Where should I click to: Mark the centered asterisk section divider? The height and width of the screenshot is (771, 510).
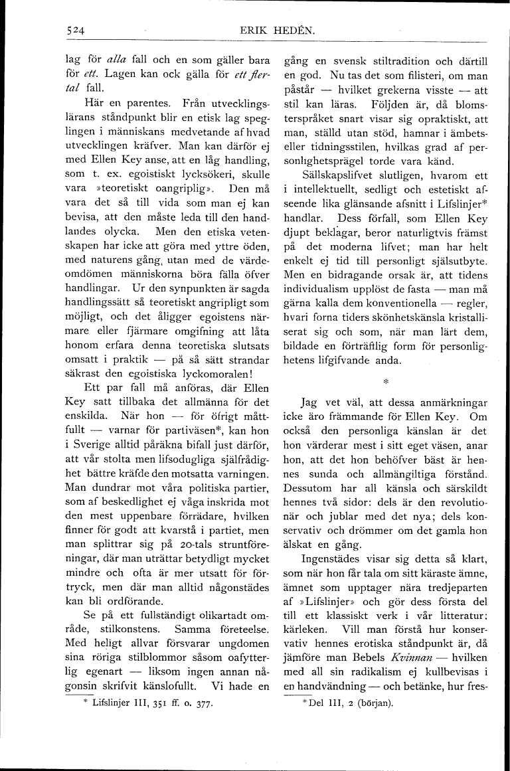(x=385, y=382)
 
